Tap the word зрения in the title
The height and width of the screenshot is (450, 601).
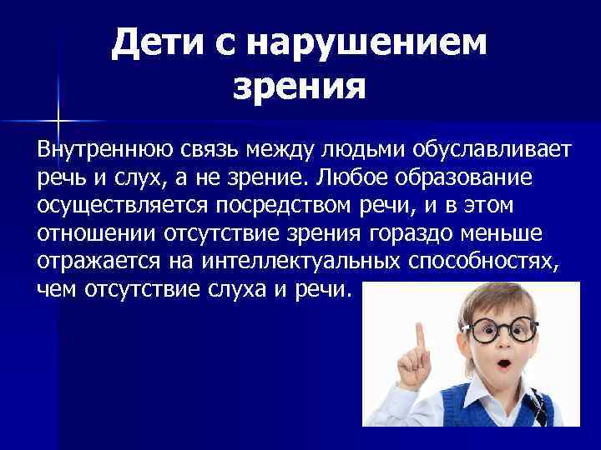(x=299, y=85)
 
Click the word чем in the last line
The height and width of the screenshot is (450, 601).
(x=55, y=290)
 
